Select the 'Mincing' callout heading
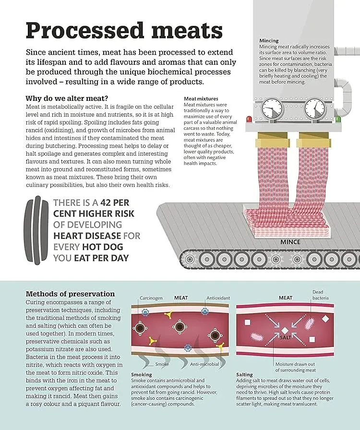[x=269, y=41]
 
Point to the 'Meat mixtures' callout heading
[x=201, y=98]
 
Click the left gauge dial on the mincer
[x=272, y=109]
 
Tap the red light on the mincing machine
[x=249, y=119]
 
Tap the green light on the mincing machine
[x=338, y=119]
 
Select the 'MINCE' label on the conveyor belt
[x=290, y=242]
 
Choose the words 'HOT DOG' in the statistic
[x=102, y=247]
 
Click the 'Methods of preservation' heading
[x=70, y=294]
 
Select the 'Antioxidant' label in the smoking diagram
[x=219, y=298]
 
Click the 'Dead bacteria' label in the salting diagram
[x=321, y=295]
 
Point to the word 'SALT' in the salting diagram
[x=285, y=338]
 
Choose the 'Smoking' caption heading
[x=142, y=374]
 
